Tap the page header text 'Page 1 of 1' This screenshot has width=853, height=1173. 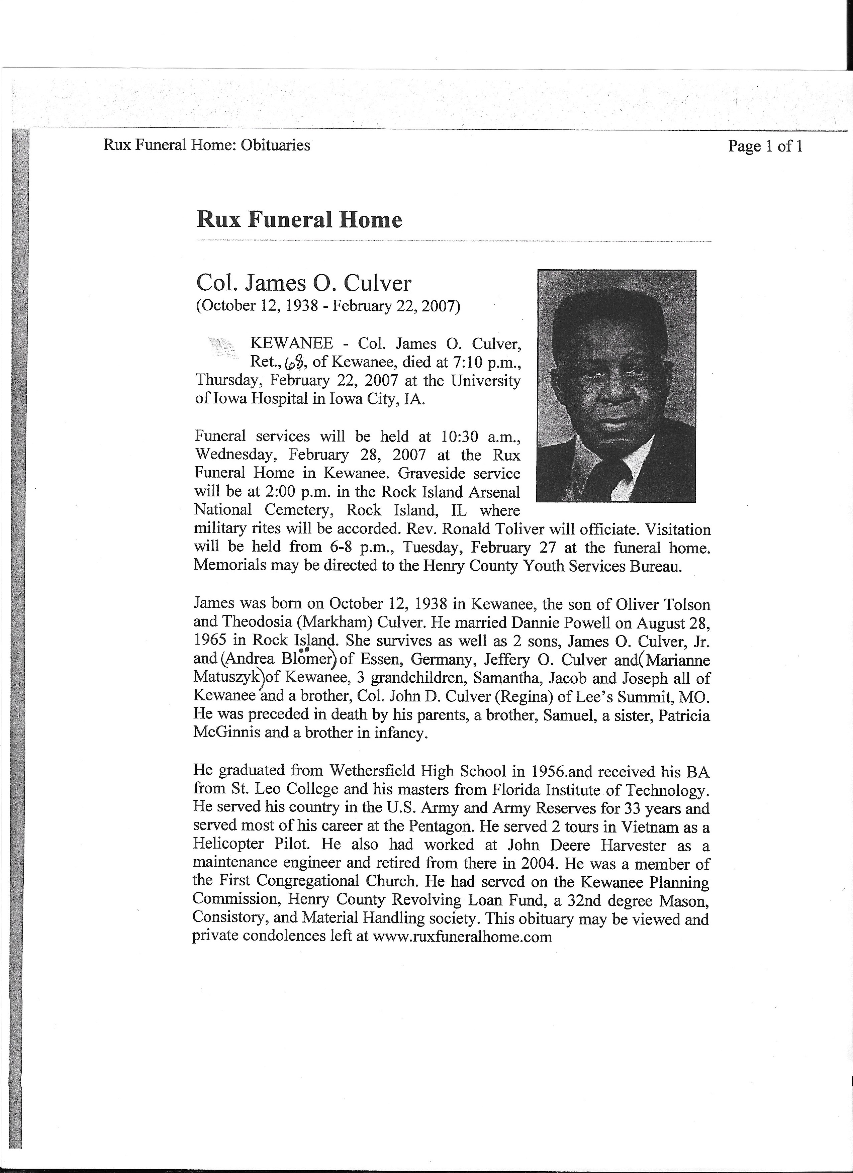765,146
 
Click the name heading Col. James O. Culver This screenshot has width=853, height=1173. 304,283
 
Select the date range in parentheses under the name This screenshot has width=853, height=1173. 327,306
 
